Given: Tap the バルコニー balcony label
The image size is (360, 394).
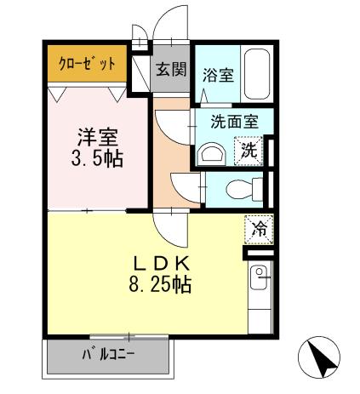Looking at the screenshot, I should coord(108,354).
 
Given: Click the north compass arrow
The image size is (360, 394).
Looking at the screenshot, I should coord(321,358).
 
